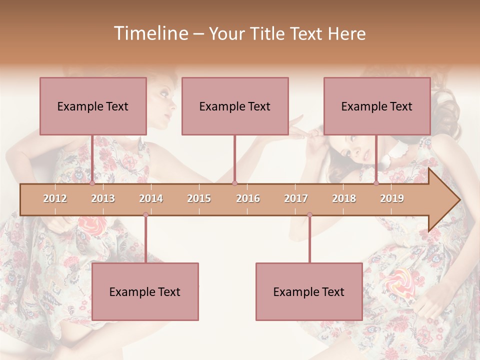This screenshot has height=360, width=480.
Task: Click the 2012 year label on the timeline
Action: point(55,198)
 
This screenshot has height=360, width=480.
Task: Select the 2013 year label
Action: point(103,198)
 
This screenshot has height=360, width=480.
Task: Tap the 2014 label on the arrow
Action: point(151,198)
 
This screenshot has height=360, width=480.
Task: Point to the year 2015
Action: point(199,198)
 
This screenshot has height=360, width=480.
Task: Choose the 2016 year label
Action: point(248,198)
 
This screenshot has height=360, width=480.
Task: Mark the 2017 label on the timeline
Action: point(296,198)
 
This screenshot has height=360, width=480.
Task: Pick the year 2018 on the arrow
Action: point(344,198)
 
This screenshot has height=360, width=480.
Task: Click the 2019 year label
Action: point(392,198)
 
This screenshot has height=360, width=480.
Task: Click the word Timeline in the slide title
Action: point(150,33)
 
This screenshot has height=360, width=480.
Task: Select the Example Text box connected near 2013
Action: point(93,106)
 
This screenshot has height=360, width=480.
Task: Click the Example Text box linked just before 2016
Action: point(235,106)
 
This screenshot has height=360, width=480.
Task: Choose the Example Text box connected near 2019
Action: point(377,106)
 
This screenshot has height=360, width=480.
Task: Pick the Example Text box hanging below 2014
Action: point(145,291)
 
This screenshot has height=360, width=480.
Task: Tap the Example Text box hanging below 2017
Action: point(309,291)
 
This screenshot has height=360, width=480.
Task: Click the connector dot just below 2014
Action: point(145,214)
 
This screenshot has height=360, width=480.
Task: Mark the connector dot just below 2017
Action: point(309,214)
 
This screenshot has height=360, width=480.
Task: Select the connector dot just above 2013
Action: point(92,183)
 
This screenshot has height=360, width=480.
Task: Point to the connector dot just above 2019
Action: point(376,183)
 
